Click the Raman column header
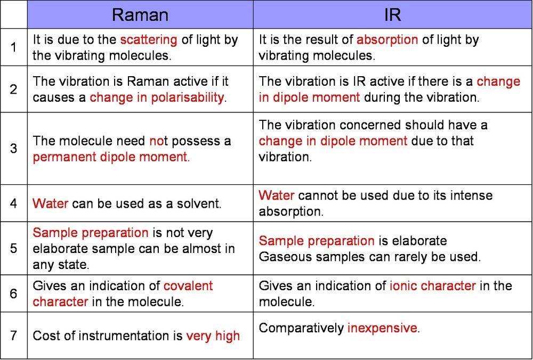click(140, 15)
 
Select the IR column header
click(393, 15)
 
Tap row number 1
click(14, 47)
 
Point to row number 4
click(14, 203)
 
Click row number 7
click(14, 336)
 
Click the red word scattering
click(149, 40)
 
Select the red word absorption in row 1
click(387, 40)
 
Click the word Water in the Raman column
click(50, 203)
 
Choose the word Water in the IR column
click(276, 195)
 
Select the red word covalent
click(188, 285)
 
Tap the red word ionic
click(402, 285)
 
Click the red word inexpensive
click(382, 328)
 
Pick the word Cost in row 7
click(46, 336)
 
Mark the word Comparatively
click(301, 329)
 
